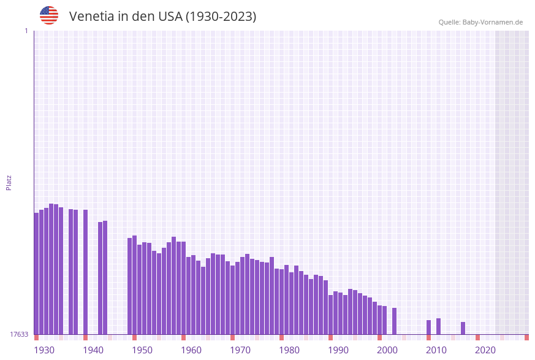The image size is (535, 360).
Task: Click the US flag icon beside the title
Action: point(49,15)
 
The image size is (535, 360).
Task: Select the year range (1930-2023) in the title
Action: point(221,17)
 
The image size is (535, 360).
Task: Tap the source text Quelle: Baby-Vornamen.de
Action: point(480,22)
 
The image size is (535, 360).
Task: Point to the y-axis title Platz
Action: point(9,183)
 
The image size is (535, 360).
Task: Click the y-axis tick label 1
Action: point(26,31)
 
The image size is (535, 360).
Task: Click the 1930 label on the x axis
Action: point(44,350)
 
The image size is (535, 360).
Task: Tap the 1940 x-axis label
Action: point(93,350)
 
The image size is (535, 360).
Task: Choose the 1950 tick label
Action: point(142,350)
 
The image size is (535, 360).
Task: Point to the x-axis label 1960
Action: point(191,350)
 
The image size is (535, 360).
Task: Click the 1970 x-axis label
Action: point(240,350)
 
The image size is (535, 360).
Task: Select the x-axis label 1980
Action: point(289,350)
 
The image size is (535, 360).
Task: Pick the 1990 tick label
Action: point(338,350)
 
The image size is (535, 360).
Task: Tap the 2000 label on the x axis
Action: point(387,350)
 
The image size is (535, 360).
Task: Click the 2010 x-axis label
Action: point(436,350)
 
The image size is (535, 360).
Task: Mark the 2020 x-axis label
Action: point(485,350)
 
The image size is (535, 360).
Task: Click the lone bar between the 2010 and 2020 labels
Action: point(463,328)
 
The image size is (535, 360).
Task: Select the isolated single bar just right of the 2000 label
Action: point(394,321)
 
